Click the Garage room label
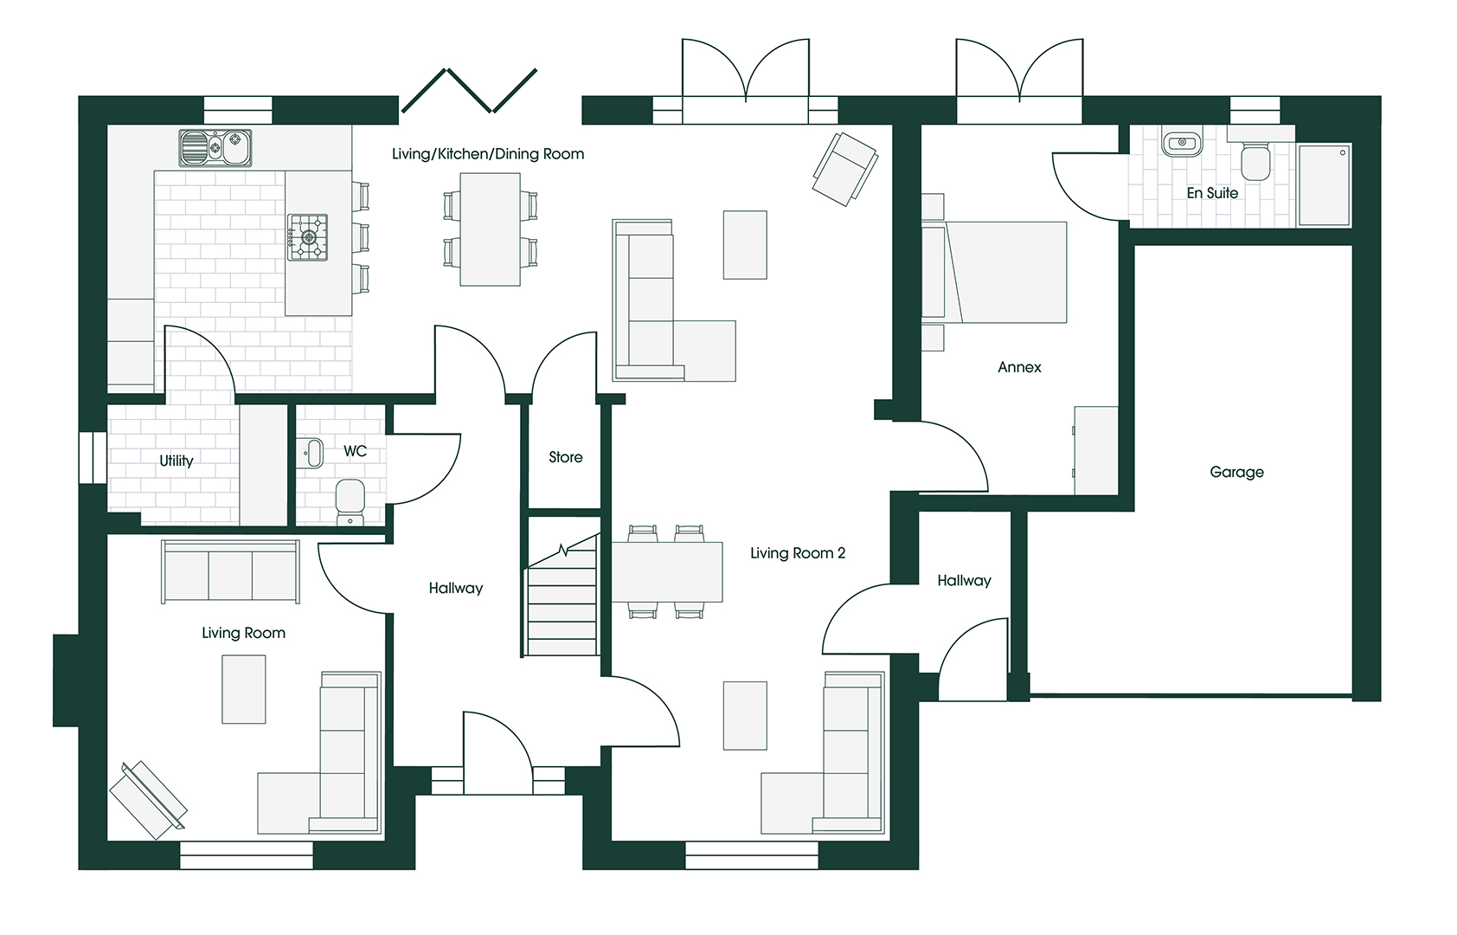[x=1236, y=472]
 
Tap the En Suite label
[x=1212, y=192]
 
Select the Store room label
[x=565, y=457]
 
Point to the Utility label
[x=177, y=461]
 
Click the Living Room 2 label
[x=798, y=553]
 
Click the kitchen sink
[x=215, y=148]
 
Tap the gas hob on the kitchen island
[x=308, y=237]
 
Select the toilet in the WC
[x=350, y=501]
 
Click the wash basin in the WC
[x=313, y=453]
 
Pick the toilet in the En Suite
[x=1255, y=160]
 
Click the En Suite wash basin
[x=1182, y=143]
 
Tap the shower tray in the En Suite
[x=1325, y=185]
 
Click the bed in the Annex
[x=994, y=272]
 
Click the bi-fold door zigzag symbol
[x=469, y=90]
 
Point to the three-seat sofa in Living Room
[x=231, y=571]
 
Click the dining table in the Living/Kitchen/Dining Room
[x=491, y=229]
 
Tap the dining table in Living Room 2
[x=667, y=572]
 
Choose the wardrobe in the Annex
[x=1096, y=450]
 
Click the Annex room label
[x=1019, y=368]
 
